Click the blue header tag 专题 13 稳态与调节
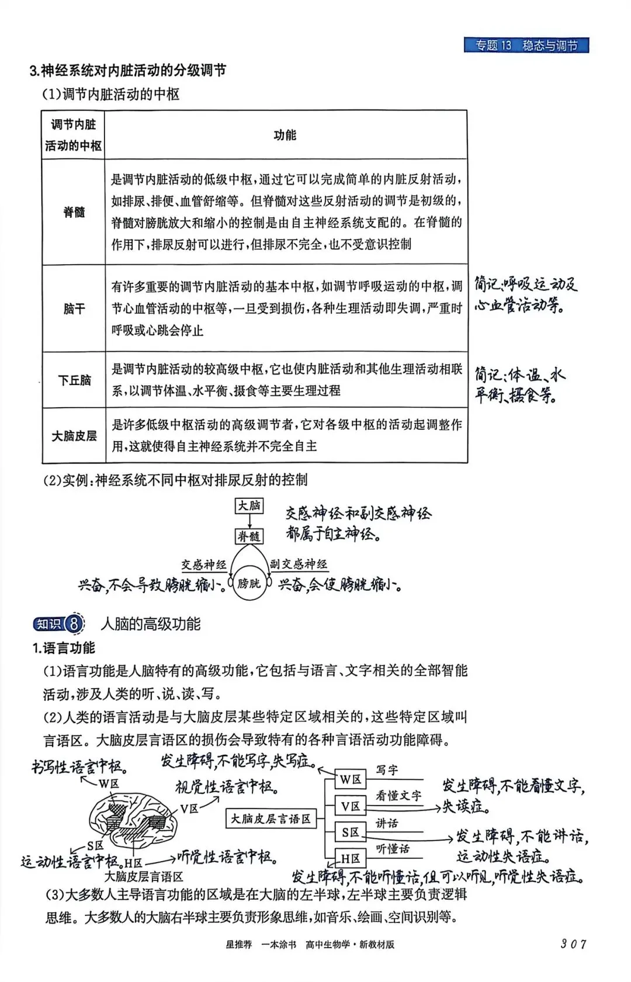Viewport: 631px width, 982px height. [x=526, y=46]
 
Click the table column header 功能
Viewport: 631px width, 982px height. [x=285, y=135]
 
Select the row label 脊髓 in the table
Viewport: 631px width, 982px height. [x=74, y=212]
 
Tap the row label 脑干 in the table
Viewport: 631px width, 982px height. [x=74, y=308]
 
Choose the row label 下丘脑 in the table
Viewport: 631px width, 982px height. [x=74, y=380]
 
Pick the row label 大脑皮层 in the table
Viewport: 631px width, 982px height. [x=74, y=436]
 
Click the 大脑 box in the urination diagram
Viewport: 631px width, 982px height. [x=249, y=506]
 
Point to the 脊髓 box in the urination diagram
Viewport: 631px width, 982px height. [x=249, y=536]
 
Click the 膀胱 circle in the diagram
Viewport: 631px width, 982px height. [x=249, y=583]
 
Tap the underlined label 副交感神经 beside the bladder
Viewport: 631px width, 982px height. [x=298, y=564]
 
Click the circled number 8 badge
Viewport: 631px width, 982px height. [x=74, y=624]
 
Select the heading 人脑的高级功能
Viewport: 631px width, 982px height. [x=151, y=624]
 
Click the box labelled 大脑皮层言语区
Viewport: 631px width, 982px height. [x=271, y=819]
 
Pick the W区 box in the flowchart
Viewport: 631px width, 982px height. [x=351, y=779]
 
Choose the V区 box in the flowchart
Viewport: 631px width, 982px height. [x=351, y=806]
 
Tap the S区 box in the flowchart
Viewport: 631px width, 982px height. [x=351, y=832]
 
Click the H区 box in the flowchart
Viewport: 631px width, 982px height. [x=351, y=859]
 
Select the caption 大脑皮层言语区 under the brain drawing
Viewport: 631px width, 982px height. [x=144, y=876]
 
